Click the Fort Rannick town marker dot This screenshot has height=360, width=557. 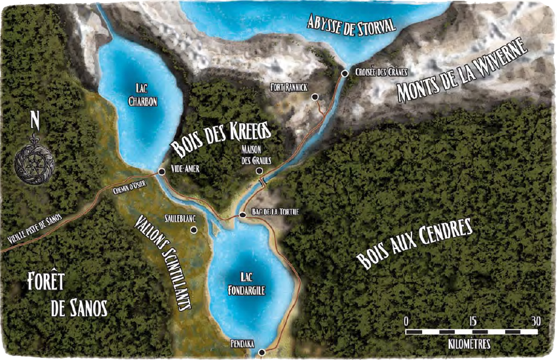coord(315,97)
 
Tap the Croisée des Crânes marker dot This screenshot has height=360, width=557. coord(345,73)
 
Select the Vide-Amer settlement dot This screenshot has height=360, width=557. coord(161,172)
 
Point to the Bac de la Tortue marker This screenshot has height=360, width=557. coord(242,214)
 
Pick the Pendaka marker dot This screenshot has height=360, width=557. coord(261,352)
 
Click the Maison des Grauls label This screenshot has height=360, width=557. coord(256,155)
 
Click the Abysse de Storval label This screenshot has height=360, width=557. coord(352,26)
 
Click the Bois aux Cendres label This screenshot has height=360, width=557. coord(414,245)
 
